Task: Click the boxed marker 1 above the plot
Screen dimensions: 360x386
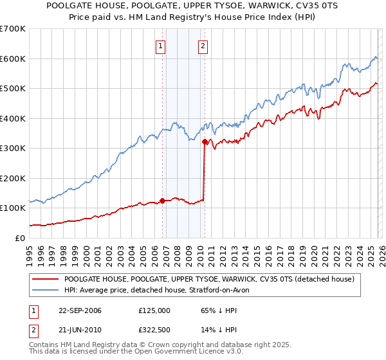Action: pyautogui.click(x=160, y=46)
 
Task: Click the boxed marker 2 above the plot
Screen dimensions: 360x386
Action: pyautogui.click(x=203, y=46)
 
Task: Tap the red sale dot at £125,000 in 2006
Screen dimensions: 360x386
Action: pyautogui.click(x=162, y=201)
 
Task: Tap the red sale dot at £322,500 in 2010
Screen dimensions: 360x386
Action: pyautogui.click(x=205, y=141)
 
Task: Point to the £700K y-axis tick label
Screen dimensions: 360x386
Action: pyautogui.click(x=13, y=29)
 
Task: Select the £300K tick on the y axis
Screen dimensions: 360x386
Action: pyautogui.click(x=13, y=148)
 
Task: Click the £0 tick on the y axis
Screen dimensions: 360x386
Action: pyautogui.click(x=19, y=238)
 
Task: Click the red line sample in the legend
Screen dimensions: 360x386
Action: pyautogui.click(x=46, y=279)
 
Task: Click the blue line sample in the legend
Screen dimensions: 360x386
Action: pyautogui.click(x=46, y=290)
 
